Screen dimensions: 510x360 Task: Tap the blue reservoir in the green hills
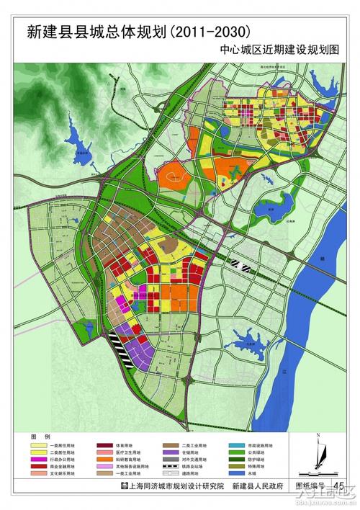75,137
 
